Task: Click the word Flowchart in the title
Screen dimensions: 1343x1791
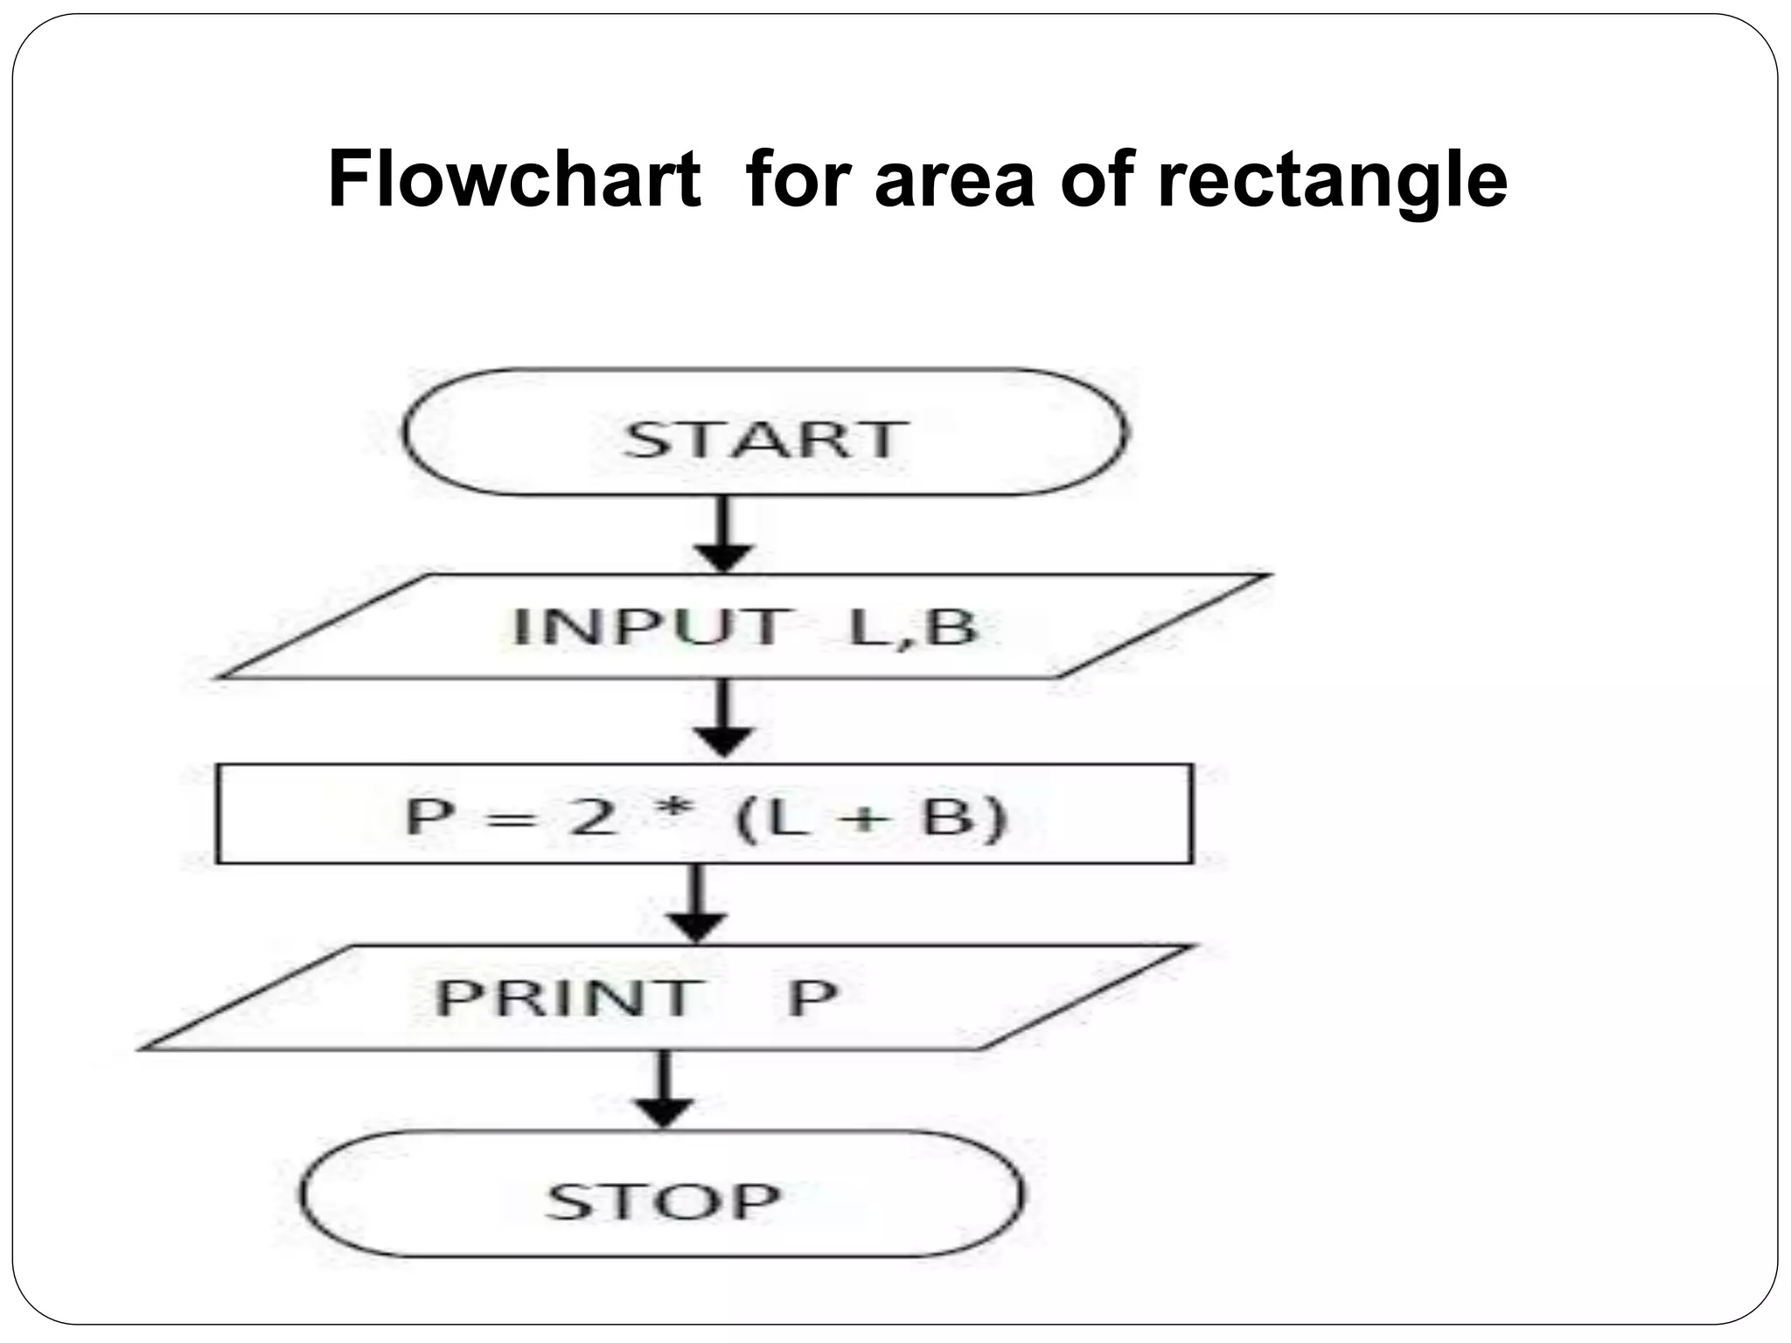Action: [x=514, y=179]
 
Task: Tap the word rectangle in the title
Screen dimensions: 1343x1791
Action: [x=1332, y=181]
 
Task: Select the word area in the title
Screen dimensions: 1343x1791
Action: [x=954, y=181]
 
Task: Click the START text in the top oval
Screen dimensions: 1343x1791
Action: [x=763, y=439]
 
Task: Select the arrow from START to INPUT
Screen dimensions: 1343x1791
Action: [x=724, y=534]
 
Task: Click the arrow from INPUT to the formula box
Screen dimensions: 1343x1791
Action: [x=724, y=719]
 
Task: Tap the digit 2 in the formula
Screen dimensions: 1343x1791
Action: [x=591, y=817]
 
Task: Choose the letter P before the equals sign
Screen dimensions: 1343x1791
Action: [x=430, y=817]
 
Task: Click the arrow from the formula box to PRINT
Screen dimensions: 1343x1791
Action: [x=696, y=904]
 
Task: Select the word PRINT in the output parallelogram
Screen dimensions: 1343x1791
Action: [x=568, y=998]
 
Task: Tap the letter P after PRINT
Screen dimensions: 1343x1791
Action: [x=812, y=998]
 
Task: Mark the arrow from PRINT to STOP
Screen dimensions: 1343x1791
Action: [x=665, y=1089]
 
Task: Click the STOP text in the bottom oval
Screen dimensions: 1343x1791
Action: [x=663, y=1201]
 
